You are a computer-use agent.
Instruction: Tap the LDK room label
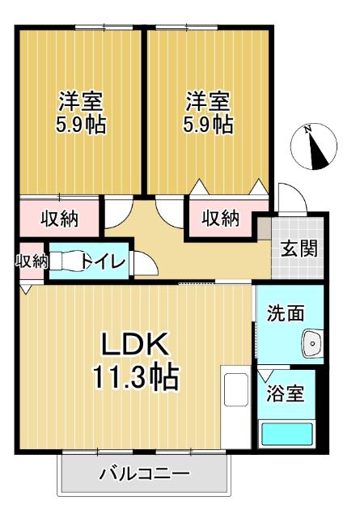pyautogui.click(x=134, y=346)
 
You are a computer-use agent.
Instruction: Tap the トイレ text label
pyautogui.click(x=103, y=261)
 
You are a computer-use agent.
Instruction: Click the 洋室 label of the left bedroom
pyautogui.click(x=79, y=103)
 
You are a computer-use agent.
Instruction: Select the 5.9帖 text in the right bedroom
pyautogui.click(x=208, y=125)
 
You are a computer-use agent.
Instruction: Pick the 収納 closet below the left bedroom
pyautogui.click(x=59, y=218)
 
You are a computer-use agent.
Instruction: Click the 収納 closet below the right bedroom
pyautogui.click(x=221, y=218)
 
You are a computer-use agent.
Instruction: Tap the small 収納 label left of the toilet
pyautogui.click(x=32, y=261)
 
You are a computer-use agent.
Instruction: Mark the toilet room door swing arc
pyautogui.click(x=146, y=264)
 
